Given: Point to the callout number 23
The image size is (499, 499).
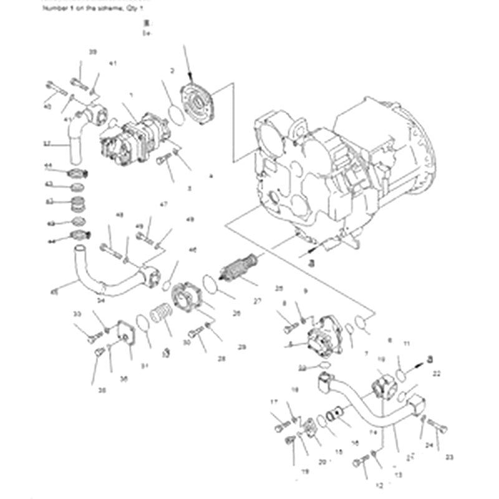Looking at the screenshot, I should pos(450,457).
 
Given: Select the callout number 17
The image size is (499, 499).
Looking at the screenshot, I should pos(273,402).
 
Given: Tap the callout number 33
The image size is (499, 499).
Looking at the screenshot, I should pos(77,313).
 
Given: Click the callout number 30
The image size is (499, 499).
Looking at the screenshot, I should pos(187,342).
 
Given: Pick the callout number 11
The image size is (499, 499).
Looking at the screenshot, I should pos(406,344).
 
